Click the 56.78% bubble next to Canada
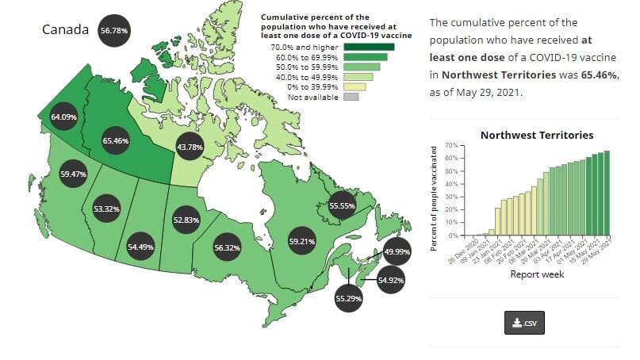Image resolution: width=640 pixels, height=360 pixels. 113,30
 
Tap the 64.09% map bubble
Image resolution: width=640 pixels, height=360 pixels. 63,117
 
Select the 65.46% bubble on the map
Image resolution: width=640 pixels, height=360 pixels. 116,140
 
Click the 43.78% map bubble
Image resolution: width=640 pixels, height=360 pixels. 190,147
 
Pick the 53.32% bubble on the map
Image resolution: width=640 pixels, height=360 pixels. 106,209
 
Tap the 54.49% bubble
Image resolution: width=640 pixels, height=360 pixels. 140,247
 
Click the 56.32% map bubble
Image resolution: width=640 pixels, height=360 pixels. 227,247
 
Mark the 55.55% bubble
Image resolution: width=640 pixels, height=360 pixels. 342,205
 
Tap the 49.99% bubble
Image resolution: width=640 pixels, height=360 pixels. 397,251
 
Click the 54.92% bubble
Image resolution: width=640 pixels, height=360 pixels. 391,280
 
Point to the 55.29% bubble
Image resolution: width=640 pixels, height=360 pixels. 350,298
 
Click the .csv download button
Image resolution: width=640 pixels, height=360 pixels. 524,323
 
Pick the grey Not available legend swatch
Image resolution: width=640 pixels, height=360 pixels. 351,97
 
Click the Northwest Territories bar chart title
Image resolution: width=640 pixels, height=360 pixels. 536,136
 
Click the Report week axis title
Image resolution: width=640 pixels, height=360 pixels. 537,274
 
